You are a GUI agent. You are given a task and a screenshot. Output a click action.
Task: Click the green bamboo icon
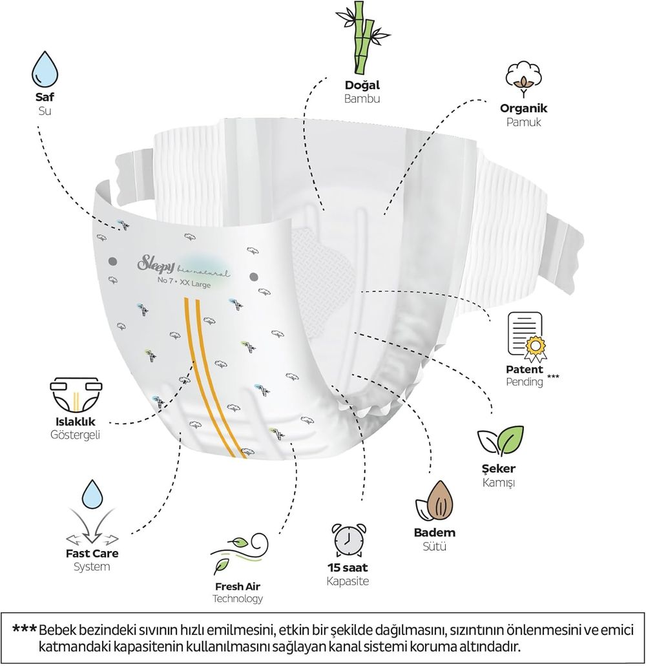pos(362,39)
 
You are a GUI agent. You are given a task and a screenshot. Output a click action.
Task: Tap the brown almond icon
pos(434,501)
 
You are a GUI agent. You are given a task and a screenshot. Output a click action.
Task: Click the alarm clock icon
pos(348,537)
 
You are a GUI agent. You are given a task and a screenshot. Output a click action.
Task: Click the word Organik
pos(523,109)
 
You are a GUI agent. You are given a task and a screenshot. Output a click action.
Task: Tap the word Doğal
pos(362,85)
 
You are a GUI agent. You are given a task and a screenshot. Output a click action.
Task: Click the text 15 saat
pos(348,568)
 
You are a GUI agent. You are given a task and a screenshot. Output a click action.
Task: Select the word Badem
pos(434,533)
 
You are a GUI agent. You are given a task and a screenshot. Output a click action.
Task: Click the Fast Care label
pos(92,554)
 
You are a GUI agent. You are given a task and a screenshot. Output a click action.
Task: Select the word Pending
pos(524,382)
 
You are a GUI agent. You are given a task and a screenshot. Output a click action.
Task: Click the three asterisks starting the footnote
pos(24,629)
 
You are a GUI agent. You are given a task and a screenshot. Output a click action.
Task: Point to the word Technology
pos(237,599)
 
